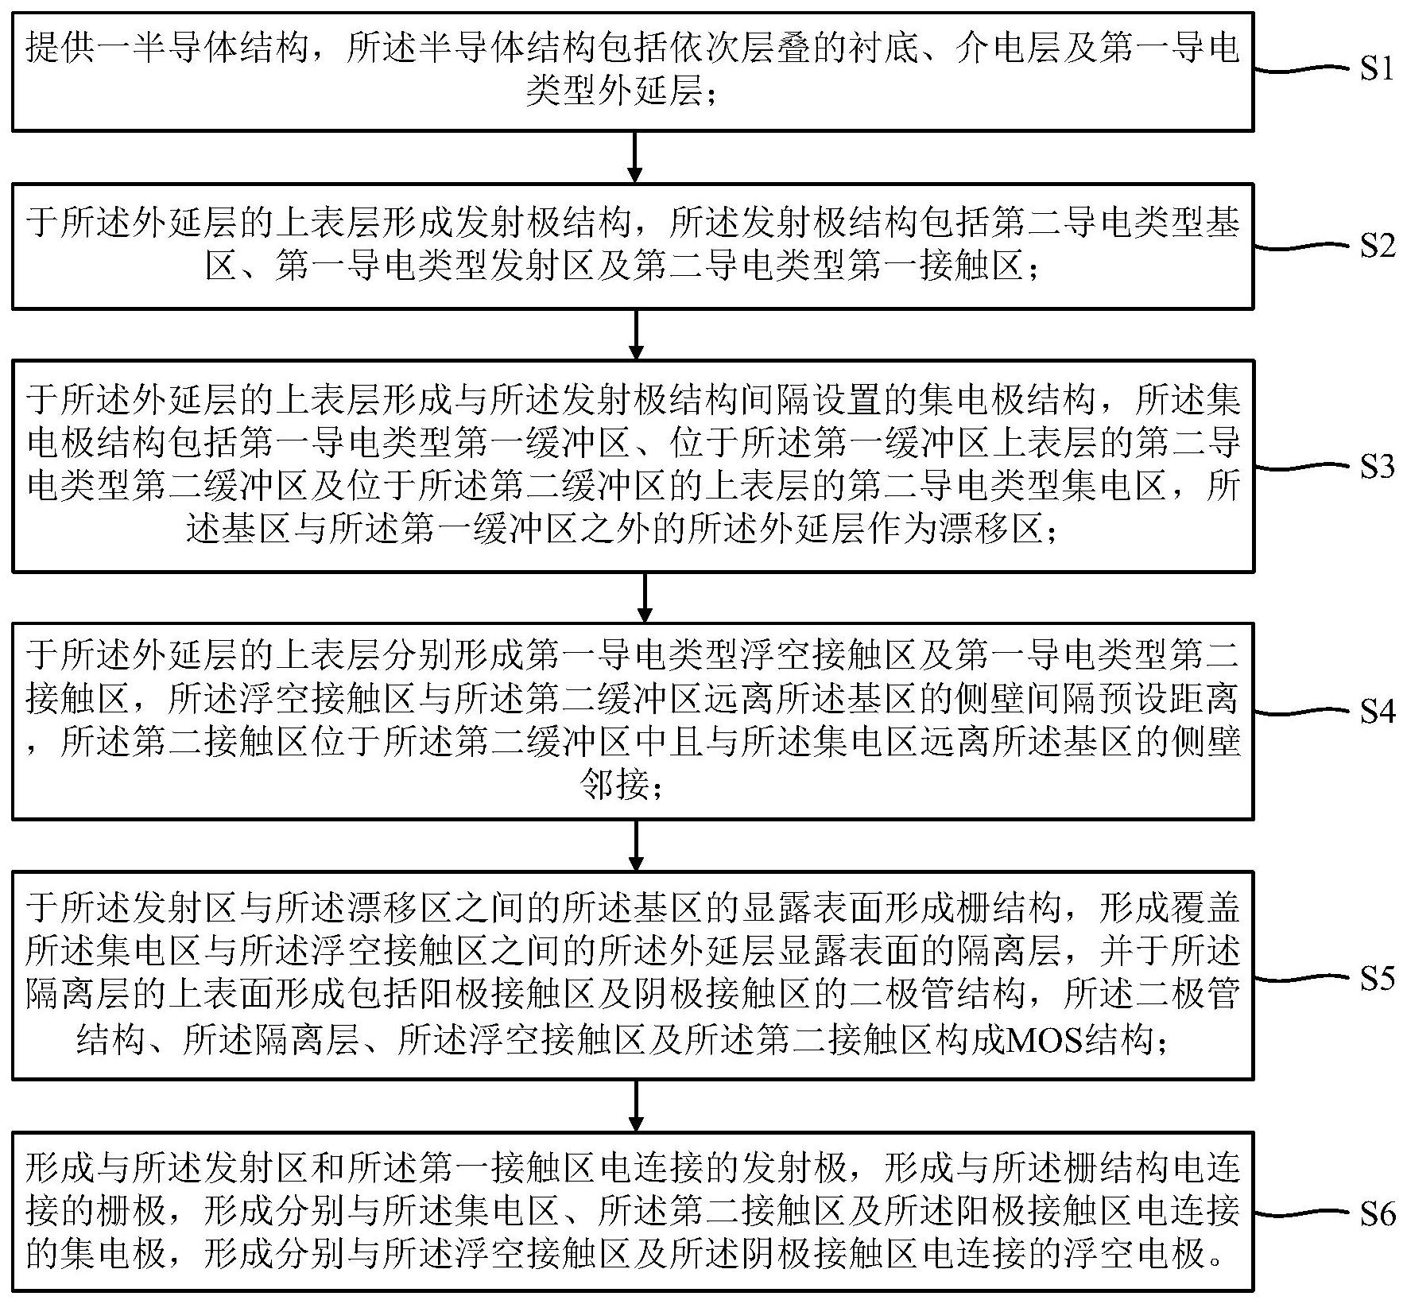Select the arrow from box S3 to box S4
645,596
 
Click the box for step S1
633,72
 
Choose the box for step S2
633,246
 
